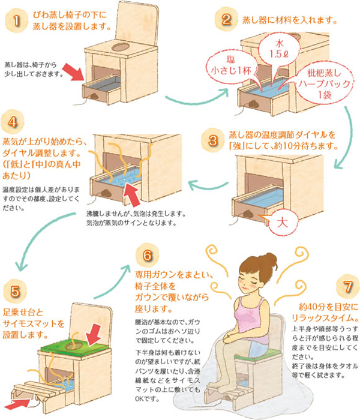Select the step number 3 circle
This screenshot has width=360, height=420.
coord(212,140)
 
